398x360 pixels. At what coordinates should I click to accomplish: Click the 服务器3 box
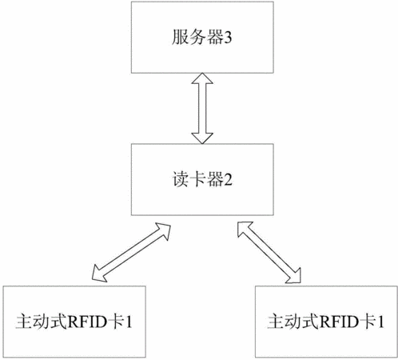[x=202, y=38]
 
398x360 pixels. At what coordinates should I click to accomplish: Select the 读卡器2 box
[x=202, y=179]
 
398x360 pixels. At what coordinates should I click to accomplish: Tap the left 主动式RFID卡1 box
[x=74, y=322]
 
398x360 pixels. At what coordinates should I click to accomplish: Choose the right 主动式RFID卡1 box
[x=326, y=322]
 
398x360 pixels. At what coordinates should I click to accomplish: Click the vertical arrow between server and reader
[x=202, y=109]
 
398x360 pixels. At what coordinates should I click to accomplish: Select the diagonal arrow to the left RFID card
[x=131, y=252]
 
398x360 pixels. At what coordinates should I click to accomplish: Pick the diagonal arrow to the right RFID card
[x=269, y=252]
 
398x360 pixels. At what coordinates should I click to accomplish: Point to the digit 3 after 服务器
[x=228, y=38]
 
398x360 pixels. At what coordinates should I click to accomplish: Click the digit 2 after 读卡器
[x=228, y=180]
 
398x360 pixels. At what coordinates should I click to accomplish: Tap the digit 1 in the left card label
[x=128, y=322]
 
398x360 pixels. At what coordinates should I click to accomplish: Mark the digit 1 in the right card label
[x=380, y=322]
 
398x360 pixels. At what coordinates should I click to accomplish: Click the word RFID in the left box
[x=87, y=322]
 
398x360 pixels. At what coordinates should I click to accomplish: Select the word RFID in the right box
[x=339, y=322]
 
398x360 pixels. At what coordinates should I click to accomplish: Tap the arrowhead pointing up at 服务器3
[x=202, y=78]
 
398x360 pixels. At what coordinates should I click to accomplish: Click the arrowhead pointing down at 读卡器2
[x=202, y=138]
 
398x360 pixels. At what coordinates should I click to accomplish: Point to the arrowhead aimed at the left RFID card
[x=98, y=274]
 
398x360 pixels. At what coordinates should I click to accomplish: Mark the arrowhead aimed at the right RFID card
[x=294, y=276]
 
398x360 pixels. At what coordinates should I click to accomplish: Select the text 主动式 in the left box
[x=42, y=322]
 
